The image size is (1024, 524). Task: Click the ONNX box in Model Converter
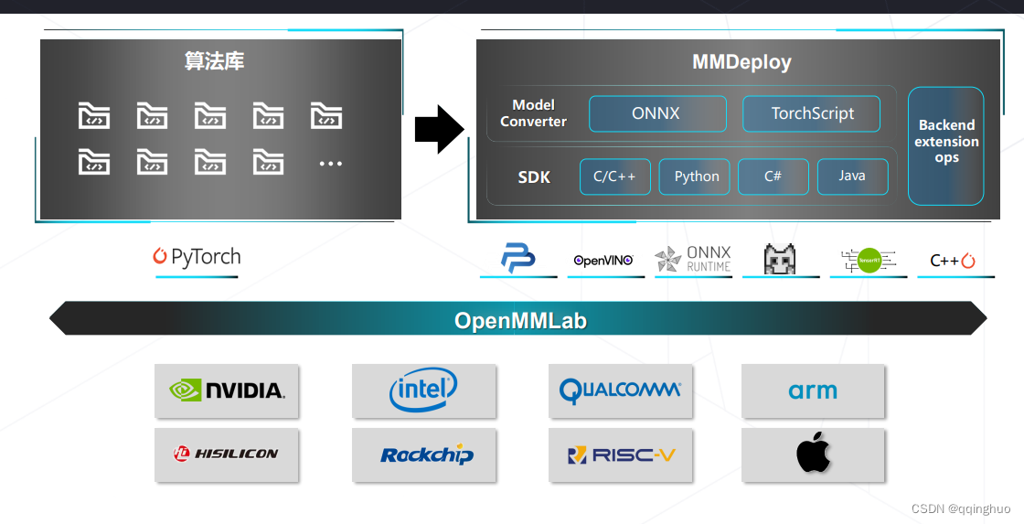[x=656, y=114]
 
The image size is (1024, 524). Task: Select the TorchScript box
[x=811, y=114]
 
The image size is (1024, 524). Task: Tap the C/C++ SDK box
[x=614, y=176]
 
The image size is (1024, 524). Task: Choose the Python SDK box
[x=695, y=176]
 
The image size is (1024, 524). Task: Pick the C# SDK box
[x=773, y=176]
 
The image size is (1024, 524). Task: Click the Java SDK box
[x=852, y=176]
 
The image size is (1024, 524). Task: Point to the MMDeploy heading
[x=741, y=62]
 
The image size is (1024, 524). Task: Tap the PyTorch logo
[x=197, y=257]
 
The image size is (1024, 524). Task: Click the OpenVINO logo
[x=603, y=260]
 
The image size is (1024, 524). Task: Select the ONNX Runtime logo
[x=693, y=259]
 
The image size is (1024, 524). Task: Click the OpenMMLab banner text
[x=519, y=321]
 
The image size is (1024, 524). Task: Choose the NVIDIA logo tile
[x=227, y=390]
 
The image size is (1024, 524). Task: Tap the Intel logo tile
[x=423, y=390]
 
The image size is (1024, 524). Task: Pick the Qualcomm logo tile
[x=620, y=390]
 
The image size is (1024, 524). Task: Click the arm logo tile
[x=813, y=390]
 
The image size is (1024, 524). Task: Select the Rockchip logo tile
[x=423, y=454]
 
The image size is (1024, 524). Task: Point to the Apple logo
[x=813, y=454]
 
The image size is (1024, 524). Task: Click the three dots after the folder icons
[x=330, y=164]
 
